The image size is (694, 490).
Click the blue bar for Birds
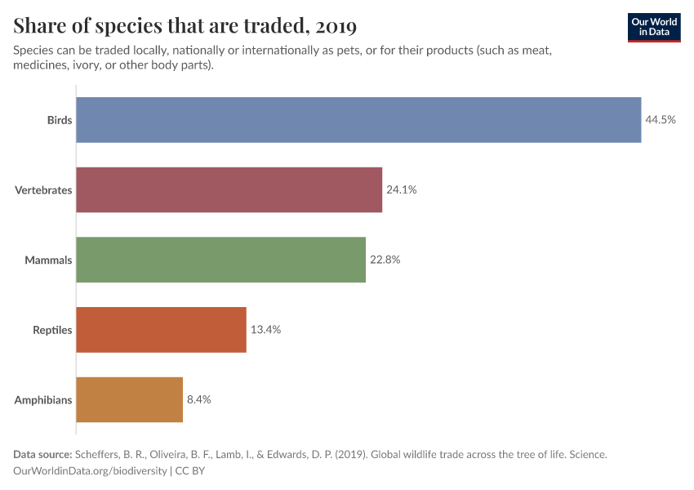point(358,120)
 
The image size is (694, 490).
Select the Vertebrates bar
point(229,189)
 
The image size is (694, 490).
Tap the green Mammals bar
point(220,260)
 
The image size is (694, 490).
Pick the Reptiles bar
point(161,330)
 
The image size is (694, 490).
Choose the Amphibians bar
point(129,400)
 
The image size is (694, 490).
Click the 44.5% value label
point(661,120)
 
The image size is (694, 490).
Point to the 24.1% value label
point(401,189)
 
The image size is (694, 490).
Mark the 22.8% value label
point(385,260)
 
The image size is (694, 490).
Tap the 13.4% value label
point(265,330)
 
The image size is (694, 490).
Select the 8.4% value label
point(199,400)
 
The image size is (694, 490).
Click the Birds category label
point(60,120)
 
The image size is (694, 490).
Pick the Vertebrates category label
point(43,190)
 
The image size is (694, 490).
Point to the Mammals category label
point(48,261)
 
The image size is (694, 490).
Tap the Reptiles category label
point(52,331)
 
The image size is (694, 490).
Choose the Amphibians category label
point(43,401)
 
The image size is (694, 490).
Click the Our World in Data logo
point(653,27)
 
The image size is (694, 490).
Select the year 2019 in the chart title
point(335,26)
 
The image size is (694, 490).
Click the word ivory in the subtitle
point(96,65)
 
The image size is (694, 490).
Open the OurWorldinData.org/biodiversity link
point(91,470)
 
